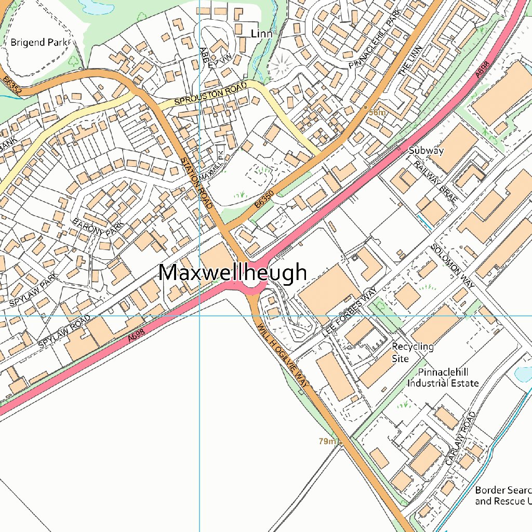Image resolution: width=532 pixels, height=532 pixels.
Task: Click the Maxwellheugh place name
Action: coord(232,273)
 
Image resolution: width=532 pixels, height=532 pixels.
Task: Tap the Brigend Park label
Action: coord(39,42)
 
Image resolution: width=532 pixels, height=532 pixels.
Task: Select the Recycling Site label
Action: coord(413,352)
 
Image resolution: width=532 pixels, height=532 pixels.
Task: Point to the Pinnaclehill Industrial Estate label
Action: coord(443,378)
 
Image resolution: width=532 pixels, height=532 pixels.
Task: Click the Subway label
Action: coord(426,151)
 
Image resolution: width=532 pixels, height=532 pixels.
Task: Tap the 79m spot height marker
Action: coord(341,443)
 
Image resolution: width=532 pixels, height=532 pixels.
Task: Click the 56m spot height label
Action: coord(378,113)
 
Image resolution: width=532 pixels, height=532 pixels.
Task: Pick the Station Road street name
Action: coord(197,183)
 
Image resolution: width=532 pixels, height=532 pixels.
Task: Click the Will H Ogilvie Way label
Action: coord(283,355)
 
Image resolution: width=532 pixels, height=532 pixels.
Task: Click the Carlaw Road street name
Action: coord(460,438)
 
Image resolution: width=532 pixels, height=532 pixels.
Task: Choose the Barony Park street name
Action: coord(99,228)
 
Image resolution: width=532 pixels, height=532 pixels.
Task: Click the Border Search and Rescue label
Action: coord(503,496)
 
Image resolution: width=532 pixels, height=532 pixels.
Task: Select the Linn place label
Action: coord(261,34)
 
